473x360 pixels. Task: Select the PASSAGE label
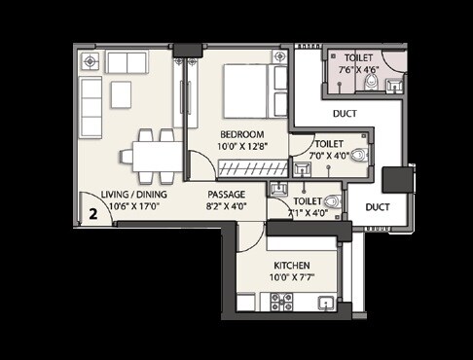tap(225, 194)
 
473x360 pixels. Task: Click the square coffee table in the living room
tap(121, 93)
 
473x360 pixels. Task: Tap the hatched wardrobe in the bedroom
tap(251, 168)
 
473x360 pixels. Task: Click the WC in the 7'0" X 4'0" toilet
tap(358, 156)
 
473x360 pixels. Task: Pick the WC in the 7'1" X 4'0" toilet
tap(330, 202)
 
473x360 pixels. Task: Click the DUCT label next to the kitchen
tap(378, 207)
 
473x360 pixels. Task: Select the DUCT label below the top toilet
tap(344, 114)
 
